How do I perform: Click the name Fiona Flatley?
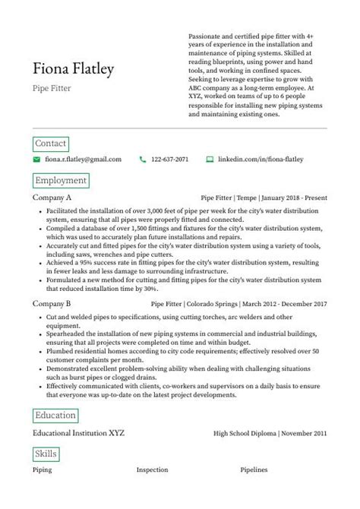point(74,70)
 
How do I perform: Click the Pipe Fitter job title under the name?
point(52,88)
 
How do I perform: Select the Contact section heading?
point(51,144)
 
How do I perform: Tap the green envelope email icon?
point(36,160)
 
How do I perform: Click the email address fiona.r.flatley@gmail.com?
point(83,160)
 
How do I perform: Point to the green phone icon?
point(142,160)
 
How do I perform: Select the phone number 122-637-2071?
point(170,160)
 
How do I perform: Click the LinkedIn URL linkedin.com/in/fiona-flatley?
point(261,160)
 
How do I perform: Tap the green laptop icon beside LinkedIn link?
point(210,160)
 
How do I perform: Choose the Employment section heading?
point(61,181)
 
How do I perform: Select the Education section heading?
point(55,416)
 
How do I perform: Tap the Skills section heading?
point(46,454)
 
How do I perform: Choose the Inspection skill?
point(152,470)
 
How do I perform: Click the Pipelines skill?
point(254,470)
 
